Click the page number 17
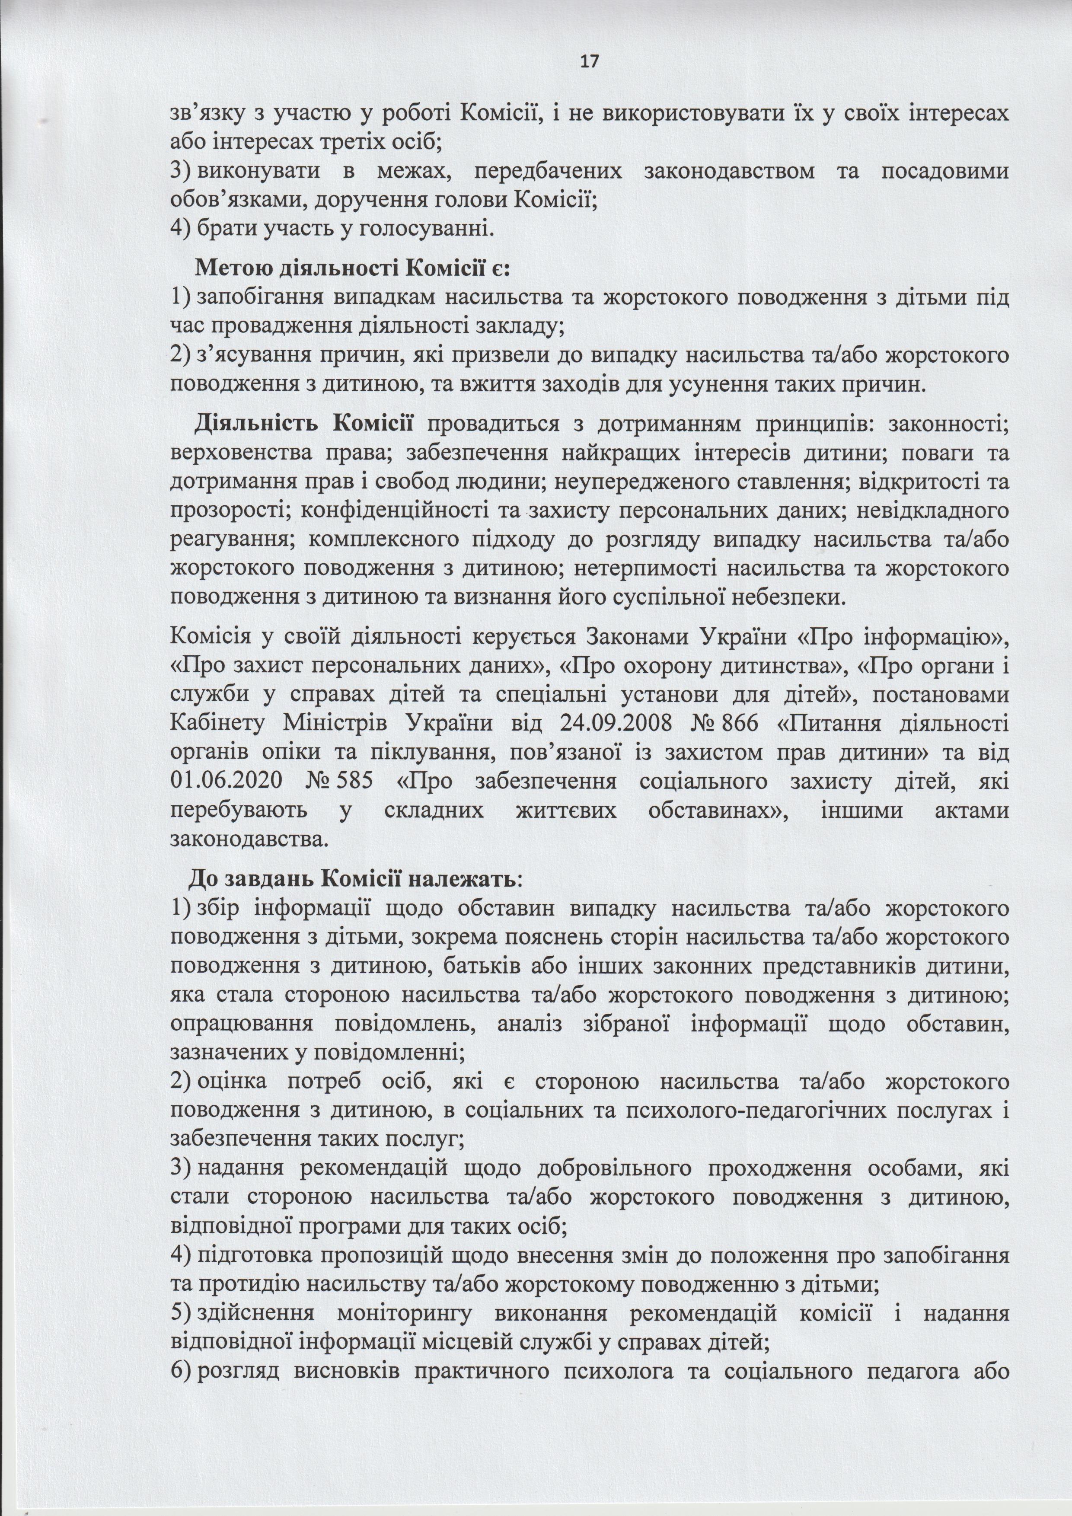coord(590,61)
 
